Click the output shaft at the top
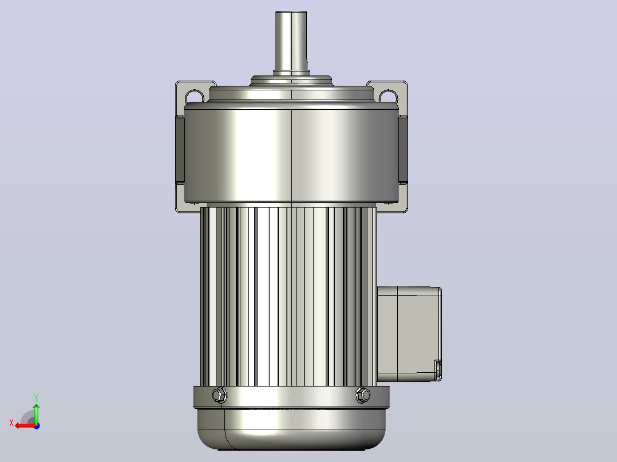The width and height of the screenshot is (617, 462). pyautogui.click(x=291, y=41)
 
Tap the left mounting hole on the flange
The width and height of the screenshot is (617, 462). pyautogui.click(x=195, y=96)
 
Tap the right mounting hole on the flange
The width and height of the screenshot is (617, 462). pyautogui.click(x=389, y=96)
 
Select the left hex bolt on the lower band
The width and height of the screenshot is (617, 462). pyautogui.click(x=220, y=395)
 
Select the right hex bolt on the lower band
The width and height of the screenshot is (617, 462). pyautogui.click(x=362, y=395)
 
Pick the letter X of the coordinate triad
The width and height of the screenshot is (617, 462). pyautogui.click(x=11, y=423)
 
